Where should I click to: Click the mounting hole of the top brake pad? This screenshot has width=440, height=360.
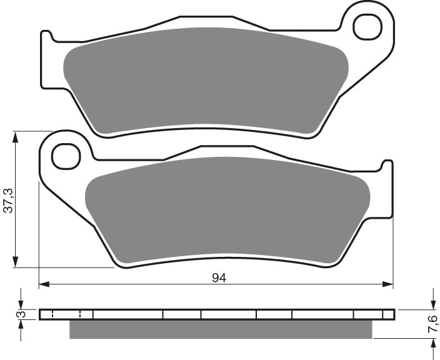click(x=367, y=26)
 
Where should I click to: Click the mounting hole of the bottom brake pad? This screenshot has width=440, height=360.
click(x=66, y=156)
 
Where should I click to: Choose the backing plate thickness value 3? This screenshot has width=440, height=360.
click(x=20, y=314)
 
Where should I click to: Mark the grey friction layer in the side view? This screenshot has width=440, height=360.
click(x=219, y=329)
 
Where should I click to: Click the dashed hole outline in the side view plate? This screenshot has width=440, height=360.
click(x=66, y=314)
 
